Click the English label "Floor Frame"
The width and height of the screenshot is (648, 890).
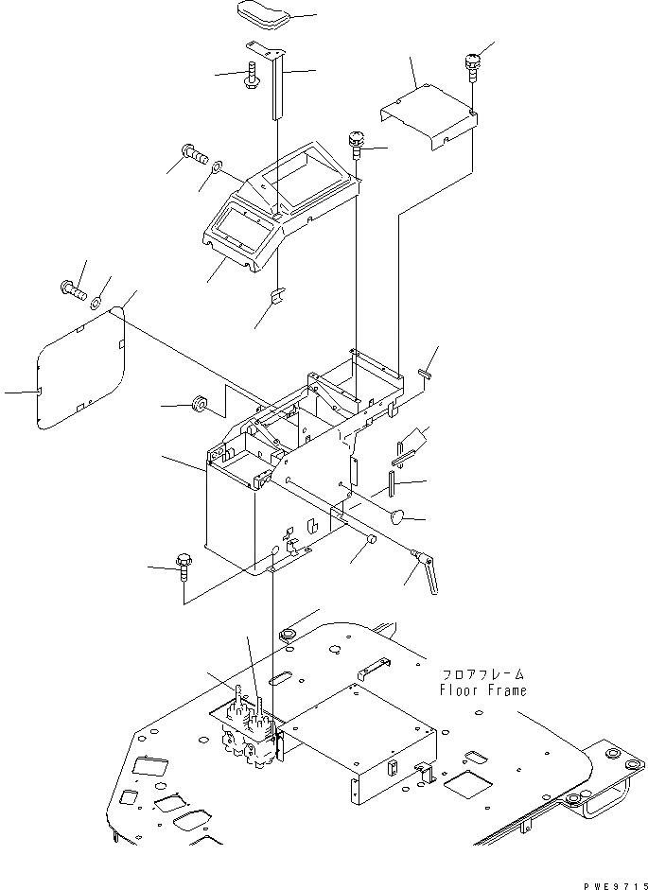pyautogui.click(x=482, y=689)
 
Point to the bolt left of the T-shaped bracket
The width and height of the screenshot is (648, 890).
pyautogui.click(x=252, y=76)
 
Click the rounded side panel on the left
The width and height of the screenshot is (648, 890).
pyautogui.click(x=80, y=368)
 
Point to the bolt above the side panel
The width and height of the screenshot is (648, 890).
pyautogui.click(x=72, y=288)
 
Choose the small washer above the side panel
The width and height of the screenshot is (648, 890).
pyautogui.click(x=96, y=302)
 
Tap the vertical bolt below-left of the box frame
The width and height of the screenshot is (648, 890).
pyautogui.click(x=182, y=572)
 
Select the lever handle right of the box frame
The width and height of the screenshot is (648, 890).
pyautogui.click(x=425, y=573)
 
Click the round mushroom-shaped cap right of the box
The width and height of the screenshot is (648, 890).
pyautogui.click(x=398, y=516)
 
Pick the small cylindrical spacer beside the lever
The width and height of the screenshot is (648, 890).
pyautogui.click(x=370, y=541)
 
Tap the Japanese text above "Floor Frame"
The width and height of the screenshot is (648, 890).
pyautogui.click(x=482, y=674)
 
